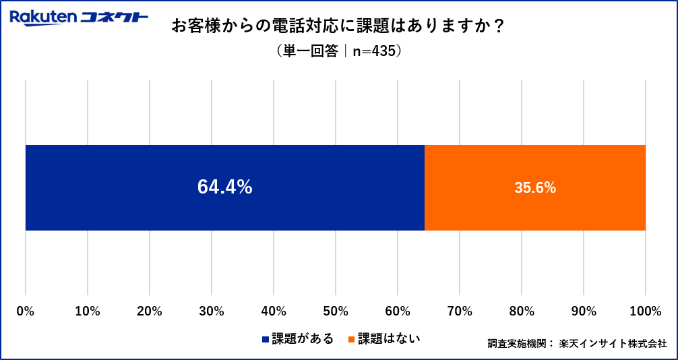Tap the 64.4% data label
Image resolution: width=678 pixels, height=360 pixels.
click(224, 187)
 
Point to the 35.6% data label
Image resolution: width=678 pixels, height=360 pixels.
click(535, 188)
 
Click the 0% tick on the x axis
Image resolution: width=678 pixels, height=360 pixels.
click(26, 311)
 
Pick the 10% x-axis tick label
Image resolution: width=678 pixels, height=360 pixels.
click(88, 311)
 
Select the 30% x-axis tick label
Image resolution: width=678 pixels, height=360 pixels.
click(212, 311)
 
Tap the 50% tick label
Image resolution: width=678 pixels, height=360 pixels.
click(336, 311)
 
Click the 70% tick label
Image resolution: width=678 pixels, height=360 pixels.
click(460, 311)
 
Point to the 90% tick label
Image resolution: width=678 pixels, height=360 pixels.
click(584, 311)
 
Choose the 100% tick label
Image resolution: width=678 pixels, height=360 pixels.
click(646, 311)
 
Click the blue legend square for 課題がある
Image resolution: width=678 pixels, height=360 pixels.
click(266, 339)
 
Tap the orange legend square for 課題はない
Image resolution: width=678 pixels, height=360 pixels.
click(351, 339)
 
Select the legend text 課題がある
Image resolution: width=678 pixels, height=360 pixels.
click(303, 338)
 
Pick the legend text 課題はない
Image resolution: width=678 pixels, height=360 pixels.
click(389, 338)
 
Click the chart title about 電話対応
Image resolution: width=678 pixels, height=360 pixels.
click(338, 26)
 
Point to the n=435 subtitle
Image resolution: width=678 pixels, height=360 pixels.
click(338, 51)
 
